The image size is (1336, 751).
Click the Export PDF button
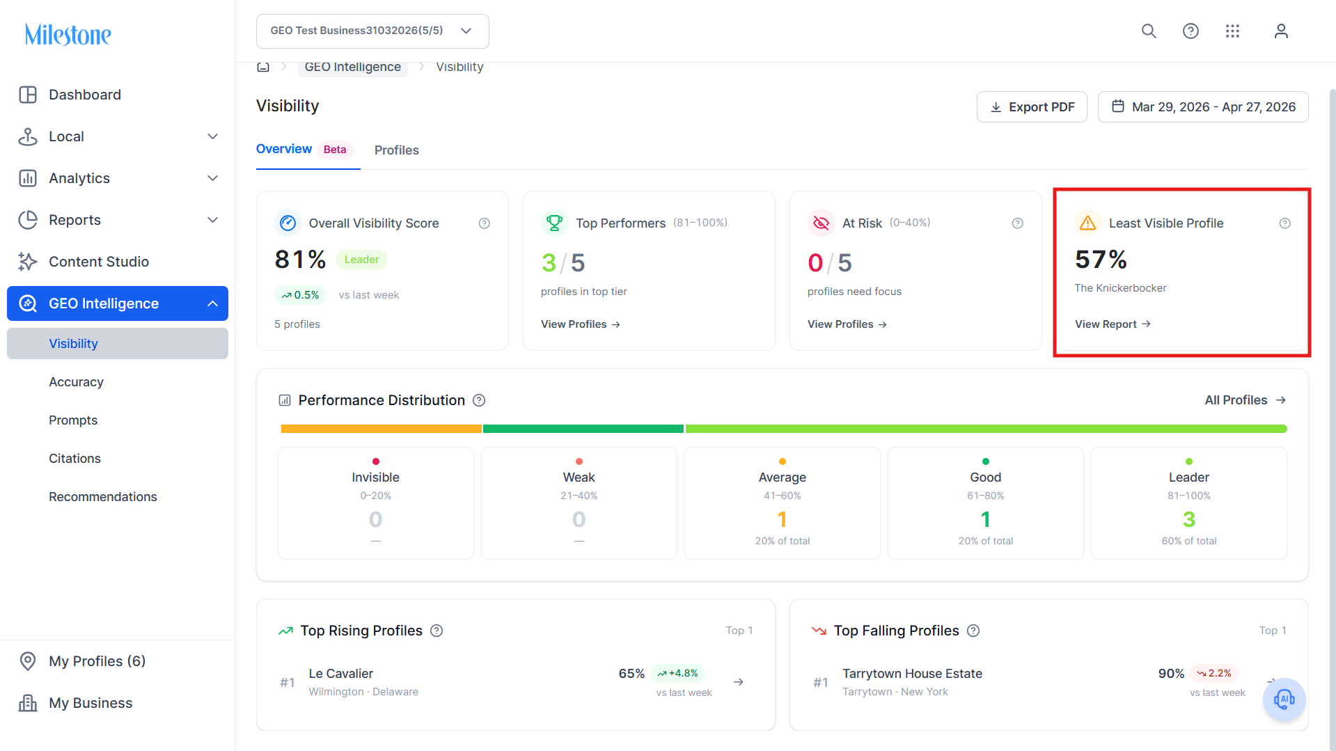[1032, 107]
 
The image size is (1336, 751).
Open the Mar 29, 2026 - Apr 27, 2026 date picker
[1203, 107]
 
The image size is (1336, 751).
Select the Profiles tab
[397, 150]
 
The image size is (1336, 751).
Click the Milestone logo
[68, 34]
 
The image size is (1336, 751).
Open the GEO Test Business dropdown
[372, 31]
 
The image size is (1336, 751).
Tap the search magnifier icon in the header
[1149, 31]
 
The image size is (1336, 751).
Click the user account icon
[1281, 31]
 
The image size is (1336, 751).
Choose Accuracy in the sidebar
[76, 382]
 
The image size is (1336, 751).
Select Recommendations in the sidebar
[103, 497]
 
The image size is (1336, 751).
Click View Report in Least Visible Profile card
[1113, 324]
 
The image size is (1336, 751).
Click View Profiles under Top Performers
[581, 324]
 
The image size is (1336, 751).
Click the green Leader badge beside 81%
[362, 260]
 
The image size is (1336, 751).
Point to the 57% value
[1101, 260]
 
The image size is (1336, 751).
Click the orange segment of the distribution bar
[382, 429]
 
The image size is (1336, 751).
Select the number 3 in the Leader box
[1189, 519]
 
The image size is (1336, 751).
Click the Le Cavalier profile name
[341, 674]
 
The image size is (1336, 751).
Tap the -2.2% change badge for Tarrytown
[1213, 673]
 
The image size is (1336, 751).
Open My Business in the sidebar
[91, 703]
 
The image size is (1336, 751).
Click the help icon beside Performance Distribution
[479, 400]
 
